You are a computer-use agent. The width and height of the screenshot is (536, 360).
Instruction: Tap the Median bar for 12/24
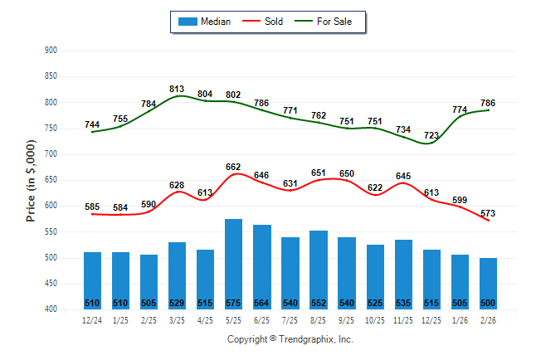click(x=93, y=278)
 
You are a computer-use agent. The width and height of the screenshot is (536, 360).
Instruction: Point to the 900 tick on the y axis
click(x=50, y=51)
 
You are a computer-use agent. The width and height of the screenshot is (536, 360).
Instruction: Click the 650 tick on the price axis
click(x=50, y=180)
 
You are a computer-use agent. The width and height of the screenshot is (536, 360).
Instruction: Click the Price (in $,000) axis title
click(x=32, y=180)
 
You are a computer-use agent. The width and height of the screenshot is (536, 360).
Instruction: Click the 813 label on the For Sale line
click(x=178, y=88)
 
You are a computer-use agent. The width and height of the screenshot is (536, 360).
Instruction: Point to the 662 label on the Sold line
click(x=234, y=167)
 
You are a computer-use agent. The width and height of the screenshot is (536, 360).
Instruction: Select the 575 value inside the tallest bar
click(x=234, y=303)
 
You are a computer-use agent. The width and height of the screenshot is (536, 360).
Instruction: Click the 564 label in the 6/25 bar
click(x=262, y=303)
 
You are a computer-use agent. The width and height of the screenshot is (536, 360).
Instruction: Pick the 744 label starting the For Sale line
click(x=92, y=124)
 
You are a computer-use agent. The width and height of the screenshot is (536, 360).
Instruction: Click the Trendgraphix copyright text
click(x=290, y=339)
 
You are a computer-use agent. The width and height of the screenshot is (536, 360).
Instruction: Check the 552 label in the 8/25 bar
click(x=319, y=303)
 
